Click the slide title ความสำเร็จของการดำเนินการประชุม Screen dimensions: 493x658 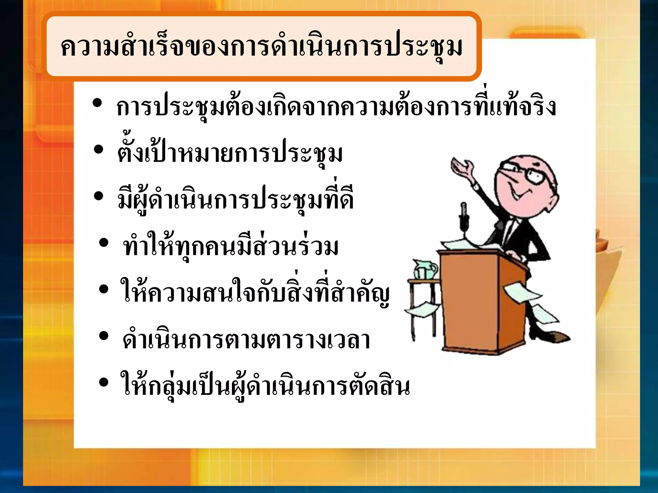point(262,47)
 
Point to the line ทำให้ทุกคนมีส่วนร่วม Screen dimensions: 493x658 point(231,247)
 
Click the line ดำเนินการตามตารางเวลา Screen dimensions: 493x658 point(246,340)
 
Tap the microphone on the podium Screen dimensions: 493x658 point(464,215)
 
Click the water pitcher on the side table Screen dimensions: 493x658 point(425,269)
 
